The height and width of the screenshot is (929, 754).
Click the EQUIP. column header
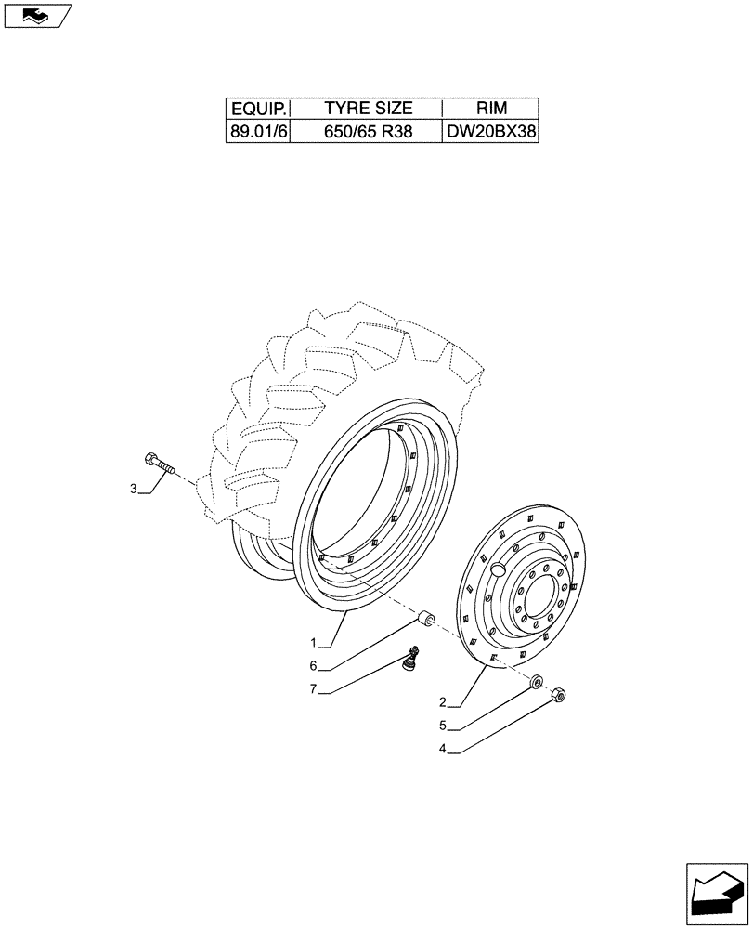(258, 108)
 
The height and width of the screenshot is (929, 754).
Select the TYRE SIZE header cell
(368, 108)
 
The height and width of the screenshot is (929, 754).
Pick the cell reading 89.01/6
(258, 132)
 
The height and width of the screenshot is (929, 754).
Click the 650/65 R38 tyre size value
(368, 132)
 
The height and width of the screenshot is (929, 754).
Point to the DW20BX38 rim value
(491, 132)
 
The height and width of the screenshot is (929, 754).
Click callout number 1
(315, 642)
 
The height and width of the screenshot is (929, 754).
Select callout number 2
(443, 702)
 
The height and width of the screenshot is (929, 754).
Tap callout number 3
(134, 489)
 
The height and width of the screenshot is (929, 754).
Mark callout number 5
(443, 725)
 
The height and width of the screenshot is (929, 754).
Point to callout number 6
(315, 665)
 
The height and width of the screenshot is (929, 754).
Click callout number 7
(315, 688)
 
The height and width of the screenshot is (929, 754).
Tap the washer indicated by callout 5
(536, 683)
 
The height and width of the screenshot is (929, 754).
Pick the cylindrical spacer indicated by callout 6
(426, 619)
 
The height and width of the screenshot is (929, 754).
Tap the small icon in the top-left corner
(36, 15)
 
